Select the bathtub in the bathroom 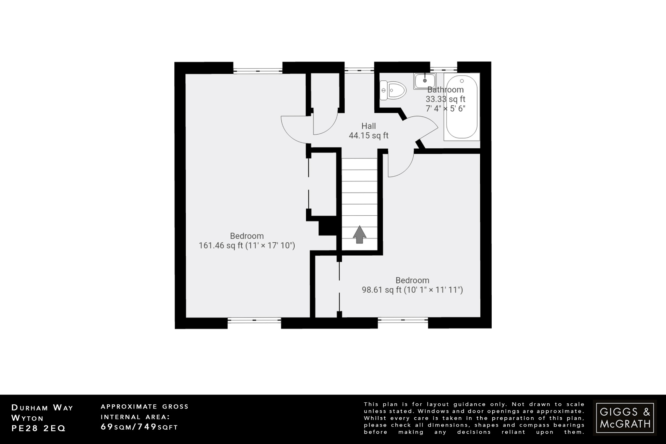462,107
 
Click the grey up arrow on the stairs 359,235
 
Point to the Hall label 368,126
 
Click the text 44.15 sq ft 368,136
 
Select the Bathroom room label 445,90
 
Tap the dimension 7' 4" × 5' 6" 445,109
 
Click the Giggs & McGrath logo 625,418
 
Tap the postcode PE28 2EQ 38,428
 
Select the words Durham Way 42,408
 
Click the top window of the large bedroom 258,70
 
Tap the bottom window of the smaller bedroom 403,320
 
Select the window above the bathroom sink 444,69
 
